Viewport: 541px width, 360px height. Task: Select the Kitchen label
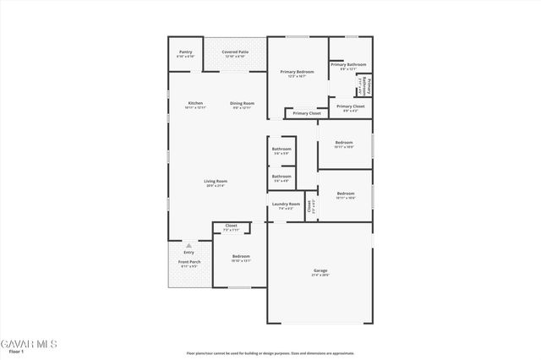click(x=195, y=104)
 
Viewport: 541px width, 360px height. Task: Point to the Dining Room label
click(x=243, y=104)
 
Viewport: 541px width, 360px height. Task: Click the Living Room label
click(x=215, y=183)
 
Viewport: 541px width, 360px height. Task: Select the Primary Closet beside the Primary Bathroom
click(x=350, y=107)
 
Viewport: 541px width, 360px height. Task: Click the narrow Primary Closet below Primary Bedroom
click(x=306, y=112)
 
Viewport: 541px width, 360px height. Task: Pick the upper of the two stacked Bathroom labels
click(x=281, y=150)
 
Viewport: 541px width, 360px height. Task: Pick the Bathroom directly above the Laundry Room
click(x=281, y=177)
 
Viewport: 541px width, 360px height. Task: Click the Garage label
click(x=320, y=272)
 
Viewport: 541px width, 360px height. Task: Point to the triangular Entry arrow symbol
click(x=189, y=245)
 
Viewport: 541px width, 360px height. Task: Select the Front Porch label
click(x=189, y=263)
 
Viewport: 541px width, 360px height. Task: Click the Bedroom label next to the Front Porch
click(x=241, y=258)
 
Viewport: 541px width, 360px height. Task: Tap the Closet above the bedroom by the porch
click(x=231, y=227)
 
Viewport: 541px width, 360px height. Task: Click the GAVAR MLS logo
click(x=29, y=344)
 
